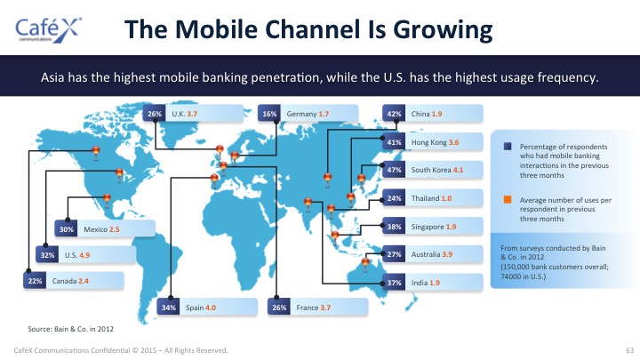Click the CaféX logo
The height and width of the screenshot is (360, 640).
[49, 30]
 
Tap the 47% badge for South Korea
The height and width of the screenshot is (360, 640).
[394, 170]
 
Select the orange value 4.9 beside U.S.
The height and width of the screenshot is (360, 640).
[84, 255]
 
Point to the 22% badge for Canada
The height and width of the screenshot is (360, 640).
[35, 281]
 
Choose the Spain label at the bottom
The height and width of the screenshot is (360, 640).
[195, 308]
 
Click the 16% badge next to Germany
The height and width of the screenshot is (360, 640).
[269, 114]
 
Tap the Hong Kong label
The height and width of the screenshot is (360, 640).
[429, 142]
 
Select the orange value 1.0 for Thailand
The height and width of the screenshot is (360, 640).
[446, 198]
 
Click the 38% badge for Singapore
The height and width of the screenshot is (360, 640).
[394, 227]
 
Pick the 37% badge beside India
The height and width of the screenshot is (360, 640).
[394, 283]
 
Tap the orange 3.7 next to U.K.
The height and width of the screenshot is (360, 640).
[192, 114]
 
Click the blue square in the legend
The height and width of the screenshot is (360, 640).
[508, 146]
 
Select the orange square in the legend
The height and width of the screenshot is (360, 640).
[508, 200]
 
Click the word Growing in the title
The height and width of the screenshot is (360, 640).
[443, 30]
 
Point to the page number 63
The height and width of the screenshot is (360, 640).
[630, 350]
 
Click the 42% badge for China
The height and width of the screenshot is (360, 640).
[394, 114]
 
